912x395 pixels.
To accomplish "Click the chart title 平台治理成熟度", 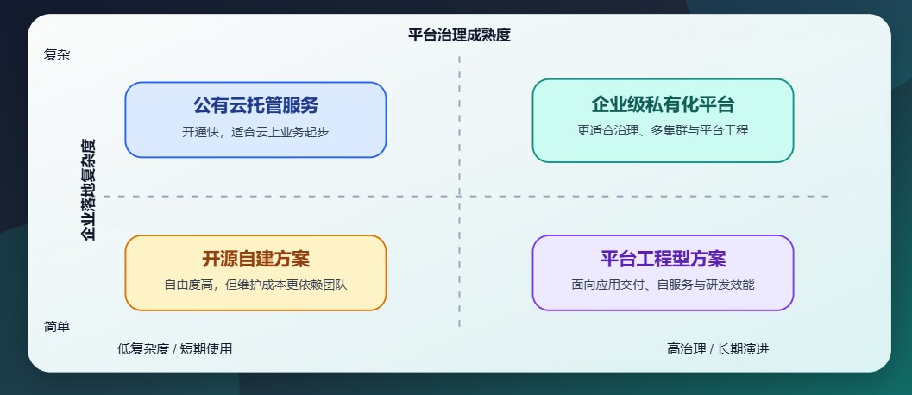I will click(x=459, y=35).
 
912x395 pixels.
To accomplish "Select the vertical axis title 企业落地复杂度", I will click(x=88, y=189).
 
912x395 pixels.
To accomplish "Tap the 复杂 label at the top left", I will click(x=57, y=54).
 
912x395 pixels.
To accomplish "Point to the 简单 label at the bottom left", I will click(x=57, y=327).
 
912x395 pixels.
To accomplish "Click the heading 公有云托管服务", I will click(x=255, y=106).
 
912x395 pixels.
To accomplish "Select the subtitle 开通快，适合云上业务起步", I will click(x=255, y=132).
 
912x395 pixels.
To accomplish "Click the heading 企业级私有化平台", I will click(x=663, y=105).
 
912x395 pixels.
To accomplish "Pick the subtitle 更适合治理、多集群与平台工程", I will click(x=663, y=131).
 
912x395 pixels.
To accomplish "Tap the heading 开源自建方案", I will click(x=255, y=260).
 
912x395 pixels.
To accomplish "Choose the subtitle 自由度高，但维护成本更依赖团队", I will click(x=255, y=285).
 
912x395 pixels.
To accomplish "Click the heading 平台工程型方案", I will click(x=663, y=259).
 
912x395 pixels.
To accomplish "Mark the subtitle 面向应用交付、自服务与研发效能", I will click(x=663, y=284).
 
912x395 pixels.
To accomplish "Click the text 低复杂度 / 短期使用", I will click(x=174, y=349).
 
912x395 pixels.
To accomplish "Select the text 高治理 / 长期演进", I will click(x=718, y=349).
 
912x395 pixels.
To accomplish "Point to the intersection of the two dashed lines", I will click(x=460, y=197).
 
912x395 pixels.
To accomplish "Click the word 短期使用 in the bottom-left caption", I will click(x=206, y=349).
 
